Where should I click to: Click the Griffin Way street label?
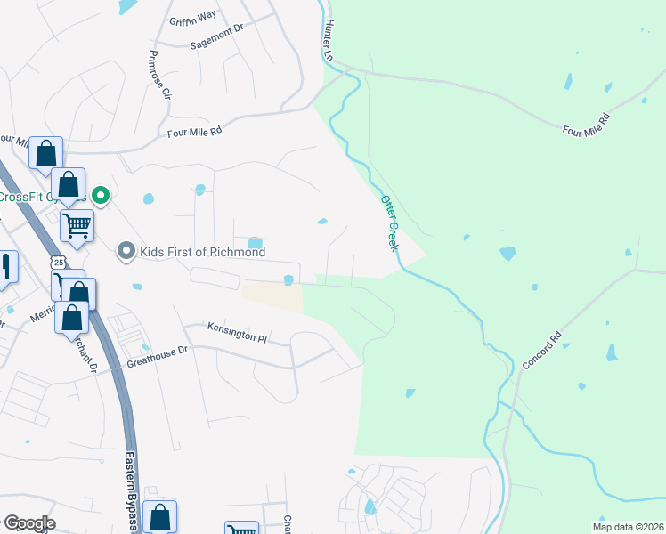[193, 15]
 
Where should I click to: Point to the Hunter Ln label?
[329, 40]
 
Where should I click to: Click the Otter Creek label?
[388, 222]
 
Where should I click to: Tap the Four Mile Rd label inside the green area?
[584, 125]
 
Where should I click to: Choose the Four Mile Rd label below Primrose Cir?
[193, 132]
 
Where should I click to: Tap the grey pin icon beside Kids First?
[126, 252]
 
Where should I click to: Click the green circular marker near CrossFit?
[102, 195]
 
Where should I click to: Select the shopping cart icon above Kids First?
[77, 225]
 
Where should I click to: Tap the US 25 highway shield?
[58, 263]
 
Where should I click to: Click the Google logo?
[28, 523]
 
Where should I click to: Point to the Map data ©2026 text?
[628, 527]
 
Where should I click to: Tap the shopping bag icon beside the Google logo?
[159, 516]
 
